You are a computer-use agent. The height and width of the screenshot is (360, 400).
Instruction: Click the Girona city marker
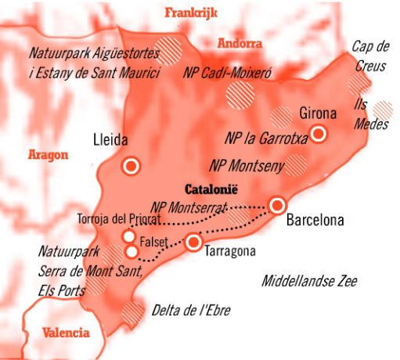click(x=319, y=133)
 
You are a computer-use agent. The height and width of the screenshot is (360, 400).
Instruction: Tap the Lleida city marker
click(x=131, y=166)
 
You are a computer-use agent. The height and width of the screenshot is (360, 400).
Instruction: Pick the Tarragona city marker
click(x=193, y=243)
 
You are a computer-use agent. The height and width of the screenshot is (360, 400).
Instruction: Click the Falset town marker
click(x=131, y=251)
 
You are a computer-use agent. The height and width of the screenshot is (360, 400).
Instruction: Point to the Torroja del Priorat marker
click(x=128, y=236)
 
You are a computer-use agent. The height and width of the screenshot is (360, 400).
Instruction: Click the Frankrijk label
click(x=191, y=12)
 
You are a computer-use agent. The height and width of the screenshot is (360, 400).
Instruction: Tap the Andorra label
click(x=240, y=43)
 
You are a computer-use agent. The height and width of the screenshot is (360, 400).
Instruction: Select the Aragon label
click(x=48, y=154)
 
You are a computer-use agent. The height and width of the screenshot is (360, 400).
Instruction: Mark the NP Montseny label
click(x=247, y=165)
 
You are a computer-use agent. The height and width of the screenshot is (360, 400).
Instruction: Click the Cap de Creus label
click(x=368, y=56)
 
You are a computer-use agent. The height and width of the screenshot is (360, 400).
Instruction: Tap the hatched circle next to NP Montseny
click(x=296, y=165)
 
